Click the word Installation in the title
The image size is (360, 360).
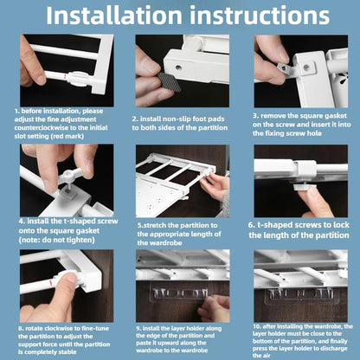coord(114,16)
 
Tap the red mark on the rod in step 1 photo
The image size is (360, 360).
coord(65,77)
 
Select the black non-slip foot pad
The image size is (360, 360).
coord(169,81)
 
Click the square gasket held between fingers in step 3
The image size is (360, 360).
coord(286,70)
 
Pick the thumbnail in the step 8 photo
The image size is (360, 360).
coord(71,278)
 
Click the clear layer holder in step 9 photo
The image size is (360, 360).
coord(179,292)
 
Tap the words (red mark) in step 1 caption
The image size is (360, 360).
coord(67,136)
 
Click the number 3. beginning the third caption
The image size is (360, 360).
coord(255,116)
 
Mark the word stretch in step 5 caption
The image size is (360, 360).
coord(155,225)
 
